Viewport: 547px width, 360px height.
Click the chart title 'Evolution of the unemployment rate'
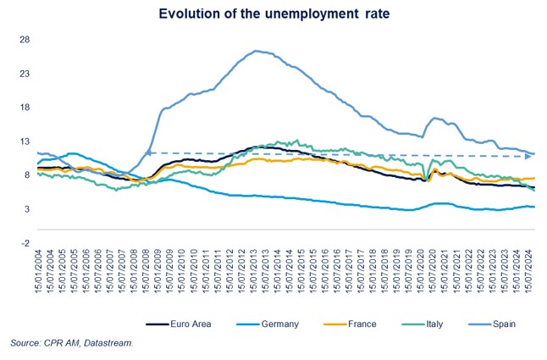tap(273, 14)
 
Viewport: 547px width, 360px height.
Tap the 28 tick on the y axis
tap(25, 40)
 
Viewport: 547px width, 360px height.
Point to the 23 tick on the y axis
tap(25, 74)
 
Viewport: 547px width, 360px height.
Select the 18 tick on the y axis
tap(25, 108)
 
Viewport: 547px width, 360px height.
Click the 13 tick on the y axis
tap(25, 141)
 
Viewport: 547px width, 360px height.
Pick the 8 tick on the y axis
tap(27, 175)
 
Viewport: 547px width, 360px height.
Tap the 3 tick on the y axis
tap(27, 209)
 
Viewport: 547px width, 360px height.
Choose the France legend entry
tap(333, 323)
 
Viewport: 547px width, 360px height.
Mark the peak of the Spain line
tap(256, 51)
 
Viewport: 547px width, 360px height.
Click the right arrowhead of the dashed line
tap(528, 156)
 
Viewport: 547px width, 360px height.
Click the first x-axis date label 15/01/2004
tap(40, 272)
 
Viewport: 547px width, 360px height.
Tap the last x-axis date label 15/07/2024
tap(528, 272)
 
